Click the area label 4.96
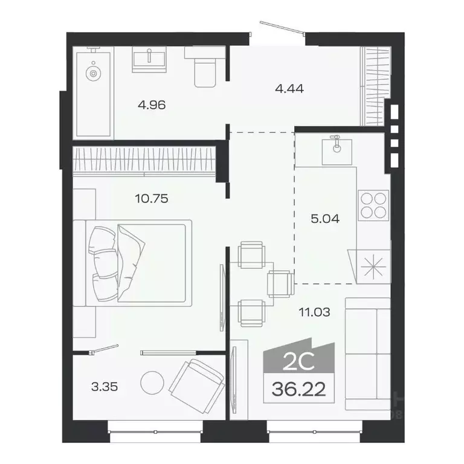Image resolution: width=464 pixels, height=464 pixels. click(152, 105)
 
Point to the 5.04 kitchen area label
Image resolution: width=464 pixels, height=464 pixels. click(325, 219)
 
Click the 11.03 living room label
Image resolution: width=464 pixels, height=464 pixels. click(315, 312)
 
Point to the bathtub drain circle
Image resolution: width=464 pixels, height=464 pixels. click(92, 74)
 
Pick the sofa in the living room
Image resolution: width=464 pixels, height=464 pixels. click(367, 353)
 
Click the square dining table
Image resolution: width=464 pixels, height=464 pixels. click(253, 282)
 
